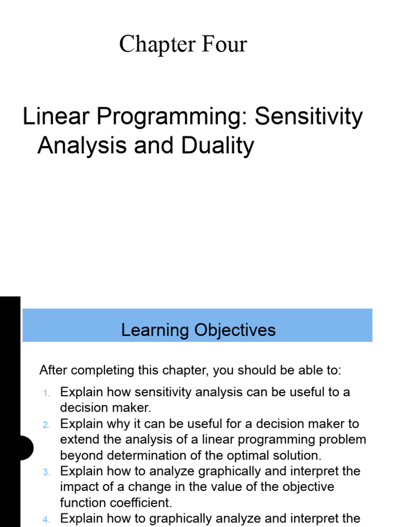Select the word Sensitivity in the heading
click(x=309, y=118)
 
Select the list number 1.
click(x=46, y=394)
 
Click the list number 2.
click(x=46, y=425)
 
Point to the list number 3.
click(x=46, y=472)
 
